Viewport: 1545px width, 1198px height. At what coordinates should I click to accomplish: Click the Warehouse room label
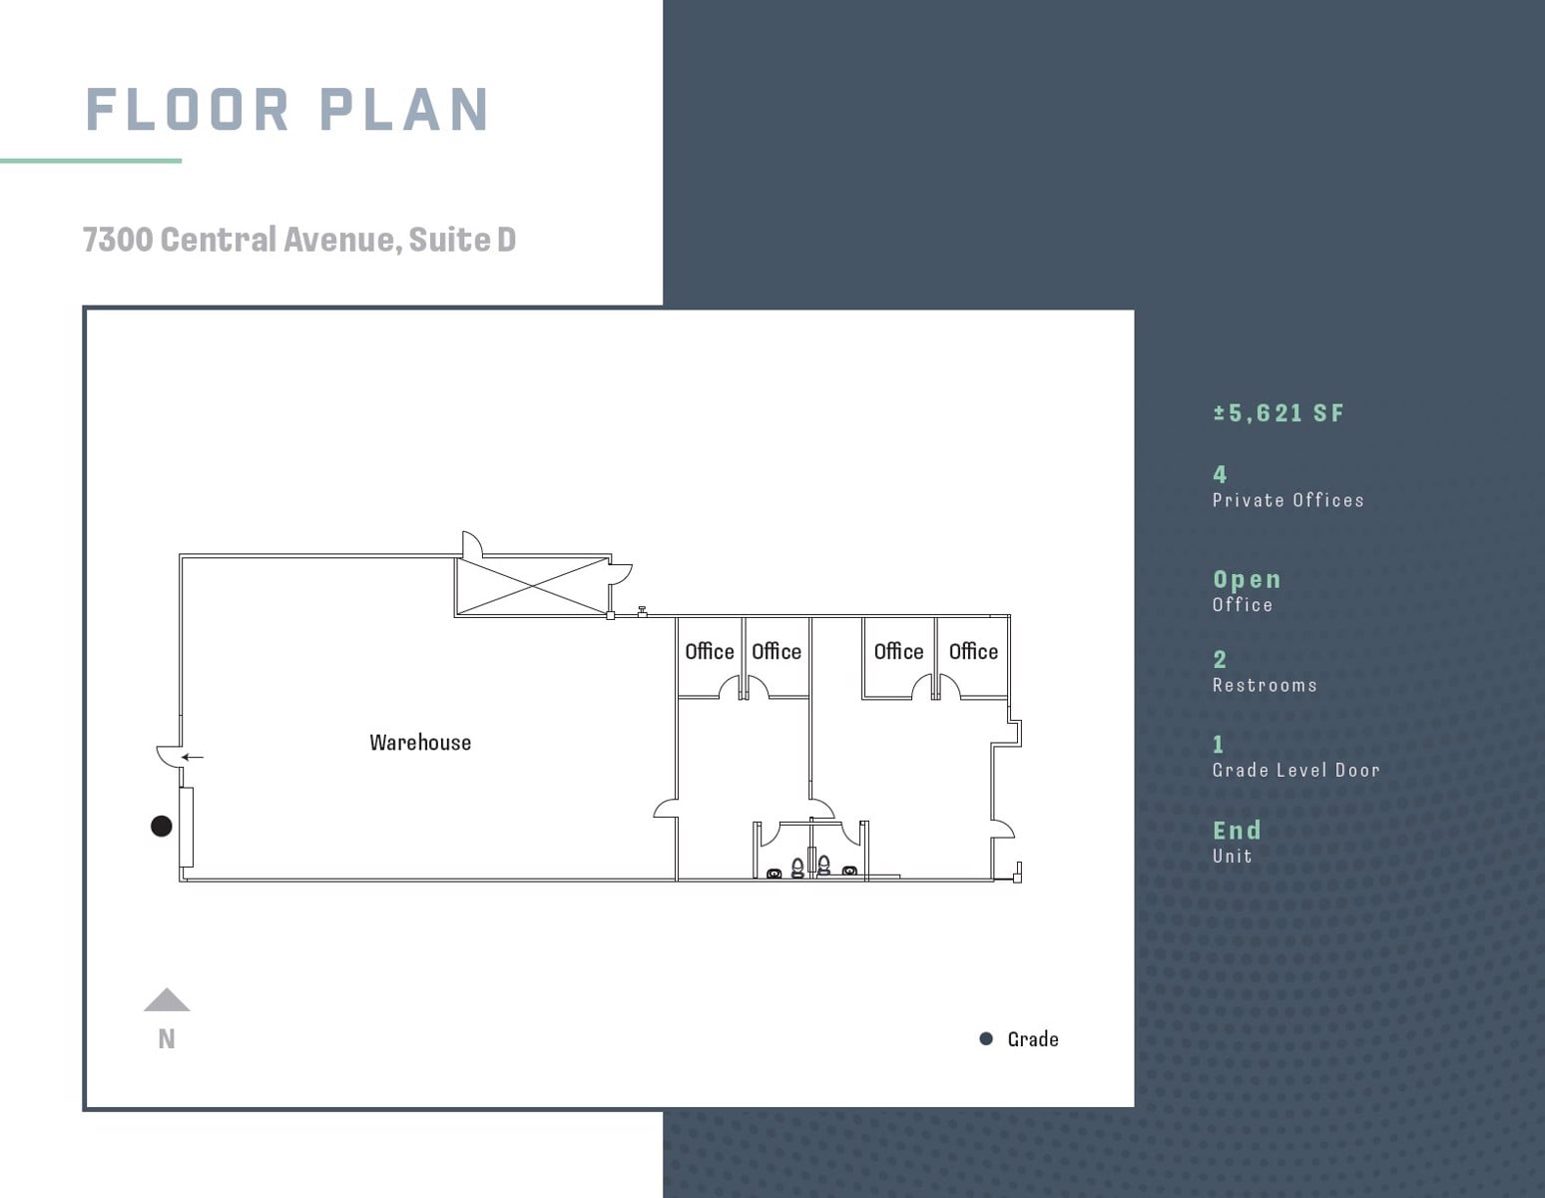(x=420, y=743)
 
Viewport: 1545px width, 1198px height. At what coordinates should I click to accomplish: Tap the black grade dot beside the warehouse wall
(x=162, y=826)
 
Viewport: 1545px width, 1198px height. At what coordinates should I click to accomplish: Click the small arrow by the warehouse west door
(x=192, y=757)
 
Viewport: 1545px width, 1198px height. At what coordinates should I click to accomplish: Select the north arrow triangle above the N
(x=167, y=999)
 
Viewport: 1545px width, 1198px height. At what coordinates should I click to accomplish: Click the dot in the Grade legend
(x=986, y=1038)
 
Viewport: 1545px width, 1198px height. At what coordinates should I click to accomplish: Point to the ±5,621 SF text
(x=1279, y=413)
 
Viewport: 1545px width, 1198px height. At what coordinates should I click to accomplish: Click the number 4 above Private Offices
(x=1220, y=474)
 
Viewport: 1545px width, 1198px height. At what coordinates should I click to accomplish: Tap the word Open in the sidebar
(x=1248, y=579)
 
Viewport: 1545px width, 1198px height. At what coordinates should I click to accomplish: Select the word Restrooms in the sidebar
(x=1265, y=686)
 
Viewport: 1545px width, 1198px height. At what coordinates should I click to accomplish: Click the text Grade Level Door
(x=1296, y=770)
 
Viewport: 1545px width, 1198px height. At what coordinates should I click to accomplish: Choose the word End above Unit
(x=1238, y=830)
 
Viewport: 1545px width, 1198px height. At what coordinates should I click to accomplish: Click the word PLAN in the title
(x=404, y=110)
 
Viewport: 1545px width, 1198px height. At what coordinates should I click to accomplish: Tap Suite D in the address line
(x=462, y=239)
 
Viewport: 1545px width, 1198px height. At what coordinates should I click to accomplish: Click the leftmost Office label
(x=710, y=651)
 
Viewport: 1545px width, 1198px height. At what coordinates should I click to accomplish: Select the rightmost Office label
(x=973, y=651)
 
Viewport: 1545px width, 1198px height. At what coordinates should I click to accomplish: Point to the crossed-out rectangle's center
(x=533, y=587)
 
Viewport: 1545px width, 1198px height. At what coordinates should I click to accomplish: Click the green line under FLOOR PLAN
(x=91, y=161)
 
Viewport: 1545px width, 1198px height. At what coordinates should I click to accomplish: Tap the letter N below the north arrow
(x=167, y=1039)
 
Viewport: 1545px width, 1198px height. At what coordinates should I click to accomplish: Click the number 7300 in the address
(x=118, y=239)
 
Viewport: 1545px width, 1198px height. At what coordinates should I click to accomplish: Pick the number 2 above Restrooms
(x=1220, y=660)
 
